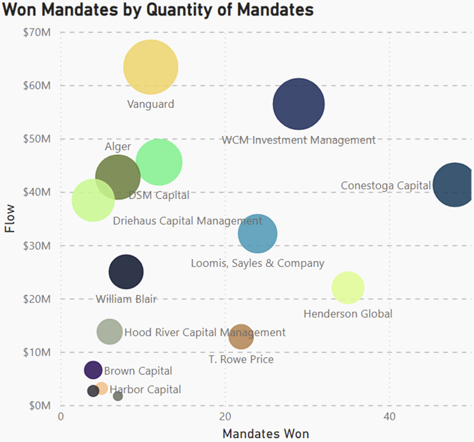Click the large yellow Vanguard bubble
150,67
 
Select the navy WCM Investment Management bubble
299,104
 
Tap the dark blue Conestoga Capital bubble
454,184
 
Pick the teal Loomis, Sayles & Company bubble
258,234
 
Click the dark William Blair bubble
126,272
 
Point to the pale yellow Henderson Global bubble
348,288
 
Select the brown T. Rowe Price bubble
241,337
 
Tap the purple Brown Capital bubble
93,370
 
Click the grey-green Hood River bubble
109,331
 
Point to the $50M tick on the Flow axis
37,139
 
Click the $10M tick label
37,352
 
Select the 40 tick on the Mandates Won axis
389,417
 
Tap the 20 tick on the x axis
225,417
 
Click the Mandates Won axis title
265,433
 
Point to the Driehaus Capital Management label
187,221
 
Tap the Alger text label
118,147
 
